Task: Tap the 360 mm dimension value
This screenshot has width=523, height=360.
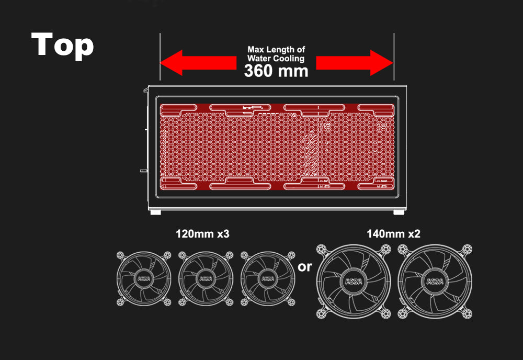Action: tap(276, 71)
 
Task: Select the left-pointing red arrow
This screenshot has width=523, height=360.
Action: tap(198, 63)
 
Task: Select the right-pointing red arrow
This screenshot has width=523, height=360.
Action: tap(355, 63)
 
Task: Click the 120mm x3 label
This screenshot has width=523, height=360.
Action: tap(202, 234)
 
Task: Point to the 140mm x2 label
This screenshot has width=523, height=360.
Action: tap(394, 234)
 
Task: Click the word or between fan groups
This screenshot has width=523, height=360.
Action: tap(304, 267)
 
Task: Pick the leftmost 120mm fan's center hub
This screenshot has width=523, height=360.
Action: tap(144, 278)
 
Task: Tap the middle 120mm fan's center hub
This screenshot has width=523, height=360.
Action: tap(206, 278)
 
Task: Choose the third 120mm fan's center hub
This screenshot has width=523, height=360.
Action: tap(267, 278)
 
